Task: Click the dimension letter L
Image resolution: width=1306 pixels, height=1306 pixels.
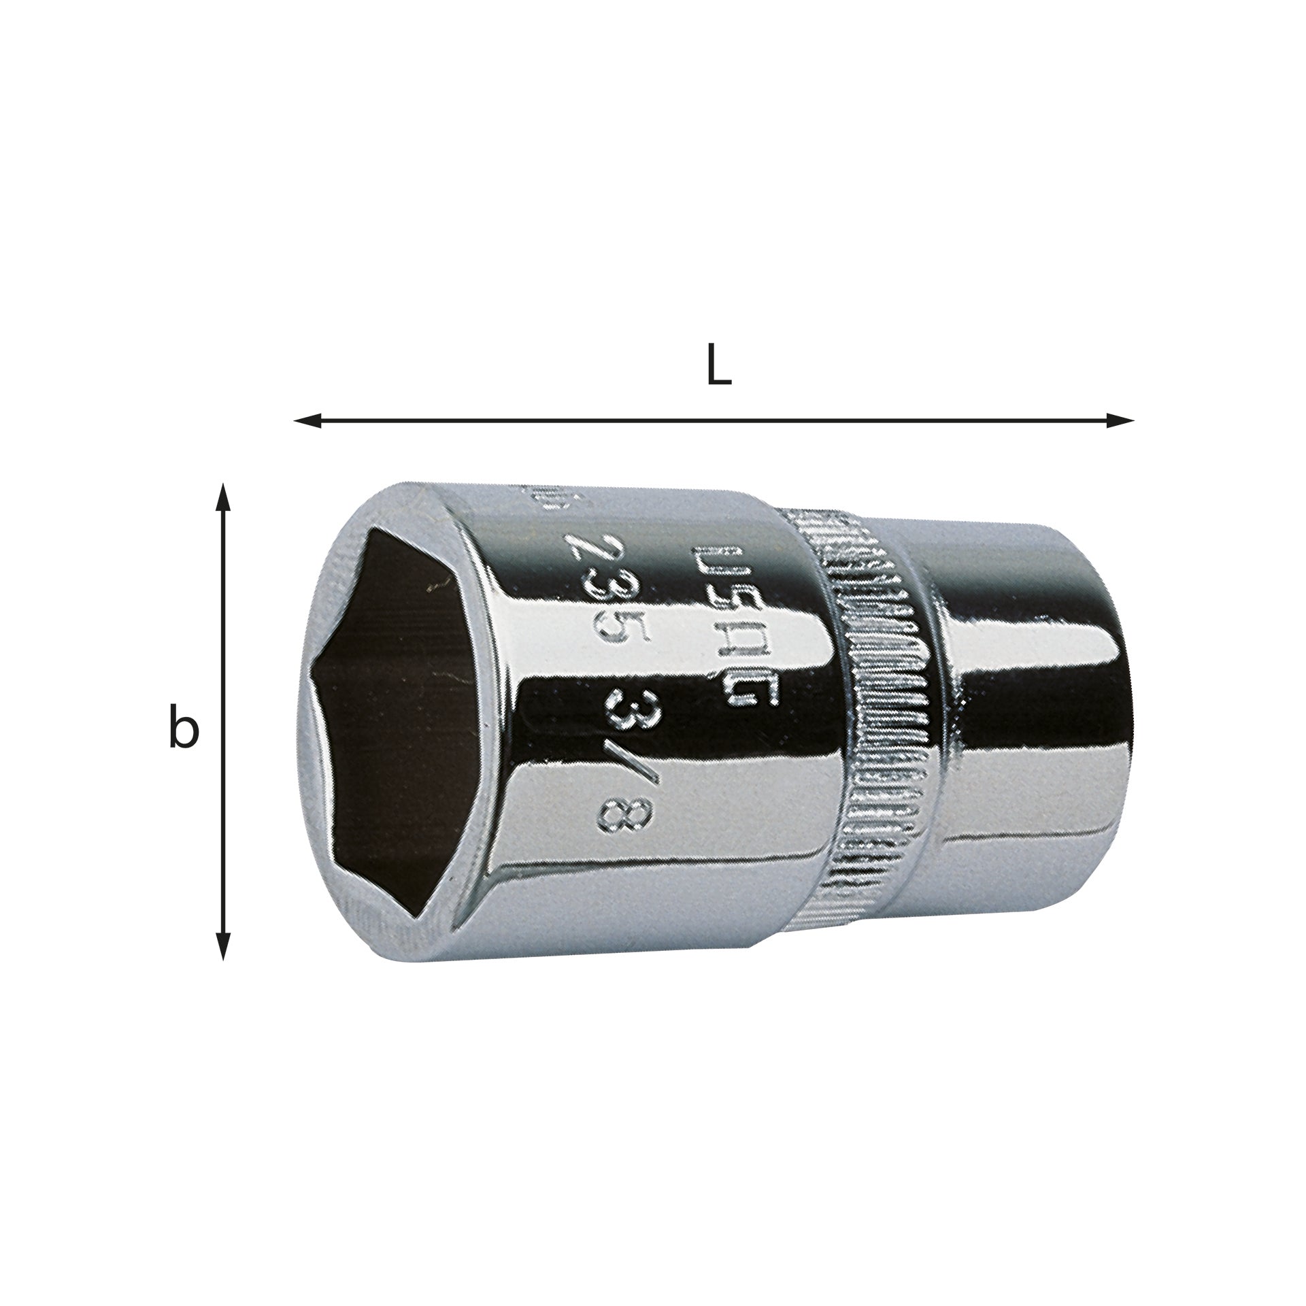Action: tap(718, 368)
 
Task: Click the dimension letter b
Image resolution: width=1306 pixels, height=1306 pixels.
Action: tap(183, 727)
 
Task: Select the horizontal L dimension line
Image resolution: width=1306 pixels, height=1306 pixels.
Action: tap(714, 421)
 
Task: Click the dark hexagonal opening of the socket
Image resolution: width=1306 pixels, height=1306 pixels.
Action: tap(395, 721)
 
